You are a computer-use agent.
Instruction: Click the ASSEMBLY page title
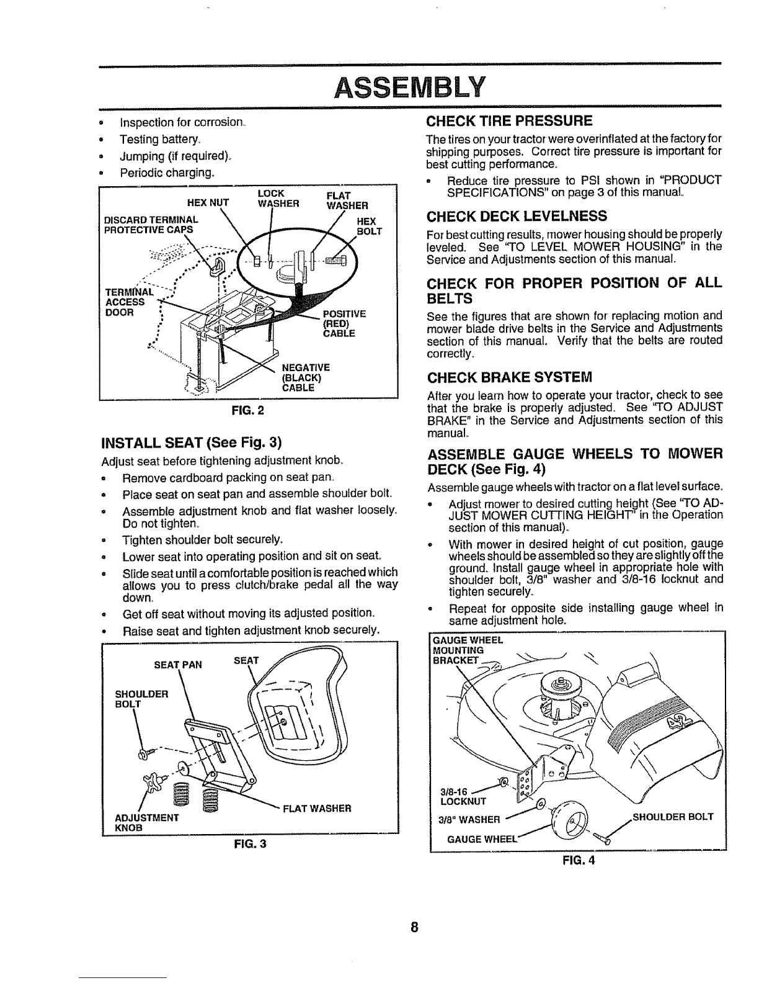tap(410, 87)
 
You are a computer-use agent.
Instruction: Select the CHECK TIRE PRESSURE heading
tap(509, 121)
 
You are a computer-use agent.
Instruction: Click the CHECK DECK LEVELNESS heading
tap(517, 216)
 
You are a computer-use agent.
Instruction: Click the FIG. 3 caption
tap(250, 843)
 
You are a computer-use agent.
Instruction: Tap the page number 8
tap(414, 927)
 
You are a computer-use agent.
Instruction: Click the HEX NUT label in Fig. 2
tap(208, 202)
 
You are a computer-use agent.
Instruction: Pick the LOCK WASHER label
tap(278, 199)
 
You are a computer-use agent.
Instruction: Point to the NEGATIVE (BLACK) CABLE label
tap(306, 377)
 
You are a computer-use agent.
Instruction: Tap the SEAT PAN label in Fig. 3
tap(177, 665)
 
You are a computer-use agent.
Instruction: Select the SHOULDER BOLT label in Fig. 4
tap(673, 817)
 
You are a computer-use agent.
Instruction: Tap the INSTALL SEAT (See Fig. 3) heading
tap(192, 442)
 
